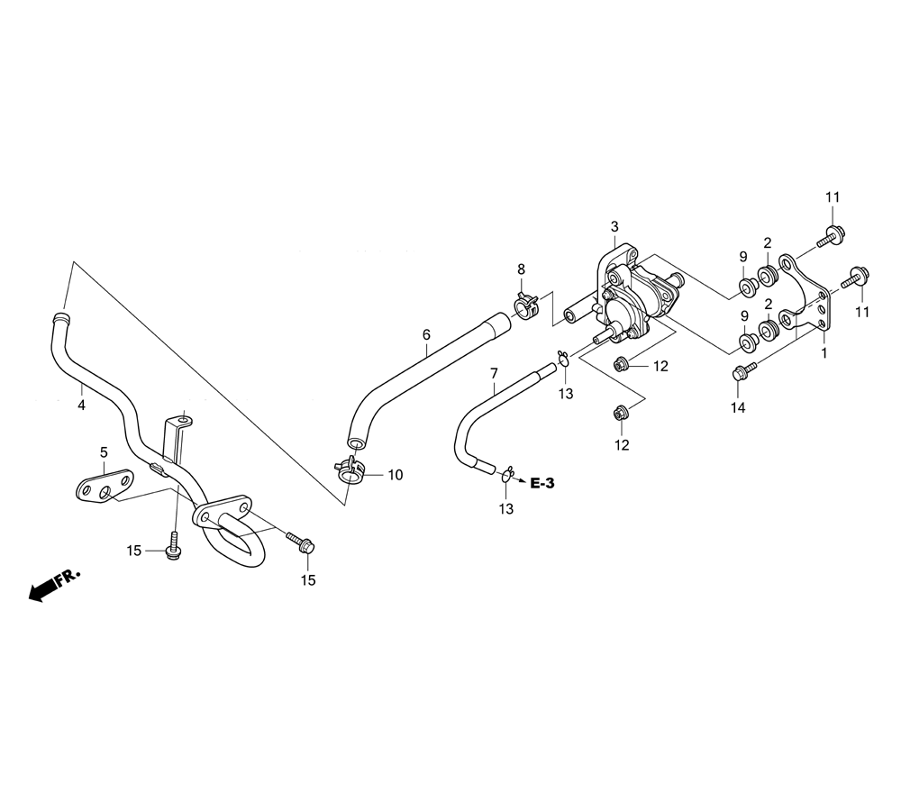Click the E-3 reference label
542,483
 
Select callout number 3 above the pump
614,226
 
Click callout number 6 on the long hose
426,334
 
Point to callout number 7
494,373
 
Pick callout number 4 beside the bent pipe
82,406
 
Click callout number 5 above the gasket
104,452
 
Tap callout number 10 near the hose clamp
396,475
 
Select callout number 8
521,269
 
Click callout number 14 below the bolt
738,408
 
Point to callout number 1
824,353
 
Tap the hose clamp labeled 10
349,469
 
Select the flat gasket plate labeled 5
105,486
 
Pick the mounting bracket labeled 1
805,293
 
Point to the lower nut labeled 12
620,412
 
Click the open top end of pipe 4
61,316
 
